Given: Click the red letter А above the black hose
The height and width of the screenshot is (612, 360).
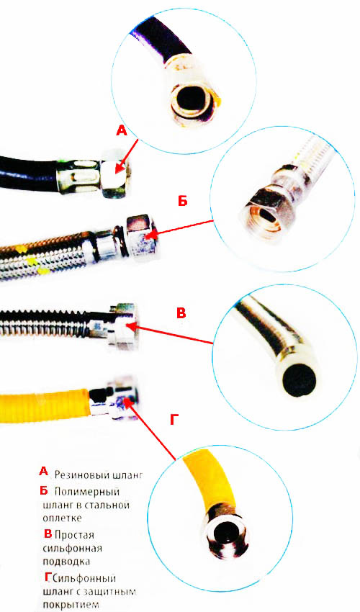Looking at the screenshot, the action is point(122,131).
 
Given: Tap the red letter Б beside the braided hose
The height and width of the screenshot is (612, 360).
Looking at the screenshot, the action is point(182,201).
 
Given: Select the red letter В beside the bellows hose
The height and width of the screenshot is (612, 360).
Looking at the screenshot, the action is point(181,313).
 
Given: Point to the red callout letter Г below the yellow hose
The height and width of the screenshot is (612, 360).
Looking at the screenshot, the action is point(174,420).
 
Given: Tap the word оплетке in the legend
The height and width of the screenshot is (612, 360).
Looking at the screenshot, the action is point(63,518).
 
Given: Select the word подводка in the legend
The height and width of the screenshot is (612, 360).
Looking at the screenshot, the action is point(66,562).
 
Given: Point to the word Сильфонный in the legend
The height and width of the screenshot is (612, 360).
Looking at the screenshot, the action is point(85,578).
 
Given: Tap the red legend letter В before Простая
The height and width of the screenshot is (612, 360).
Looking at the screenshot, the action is point(48,534).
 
